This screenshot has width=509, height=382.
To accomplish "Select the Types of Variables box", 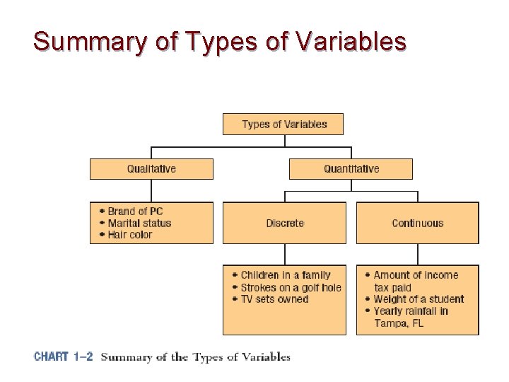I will pyautogui.click(x=284, y=124).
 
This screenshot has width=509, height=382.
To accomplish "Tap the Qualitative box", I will pyautogui.click(x=151, y=168).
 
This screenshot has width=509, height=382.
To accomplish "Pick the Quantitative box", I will pyautogui.click(x=351, y=168).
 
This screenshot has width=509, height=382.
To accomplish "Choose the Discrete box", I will pyautogui.click(x=284, y=223).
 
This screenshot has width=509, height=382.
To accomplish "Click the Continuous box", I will pyautogui.click(x=417, y=223).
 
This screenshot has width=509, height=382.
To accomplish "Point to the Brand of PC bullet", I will pyautogui.click(x=135, y=212).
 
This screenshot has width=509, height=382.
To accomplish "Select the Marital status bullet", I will pyautogui.click(x=139, y=223).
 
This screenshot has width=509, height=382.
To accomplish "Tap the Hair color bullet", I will pyautogui.click(x=130, y=235).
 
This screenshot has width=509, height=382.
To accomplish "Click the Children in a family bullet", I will pyautogui.click(x=285, y=275).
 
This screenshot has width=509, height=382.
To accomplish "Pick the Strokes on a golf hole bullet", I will pyautogui.click(x=291, y=287).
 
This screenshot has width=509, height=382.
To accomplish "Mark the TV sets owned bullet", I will pyautogui.click(x=274, y=299).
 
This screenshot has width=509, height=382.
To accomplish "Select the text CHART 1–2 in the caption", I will pyautogui.click(x=64, y=357).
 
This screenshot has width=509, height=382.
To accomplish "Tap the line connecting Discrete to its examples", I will pyautogui.click(x=284, y=254).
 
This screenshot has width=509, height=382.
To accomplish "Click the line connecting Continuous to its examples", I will pyautogui.click(x=417, y=254).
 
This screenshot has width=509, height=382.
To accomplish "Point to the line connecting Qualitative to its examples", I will pyautogui.click(x=151, y=190).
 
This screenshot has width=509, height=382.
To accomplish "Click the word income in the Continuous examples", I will pyautogui.click(x=440, y=275).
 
